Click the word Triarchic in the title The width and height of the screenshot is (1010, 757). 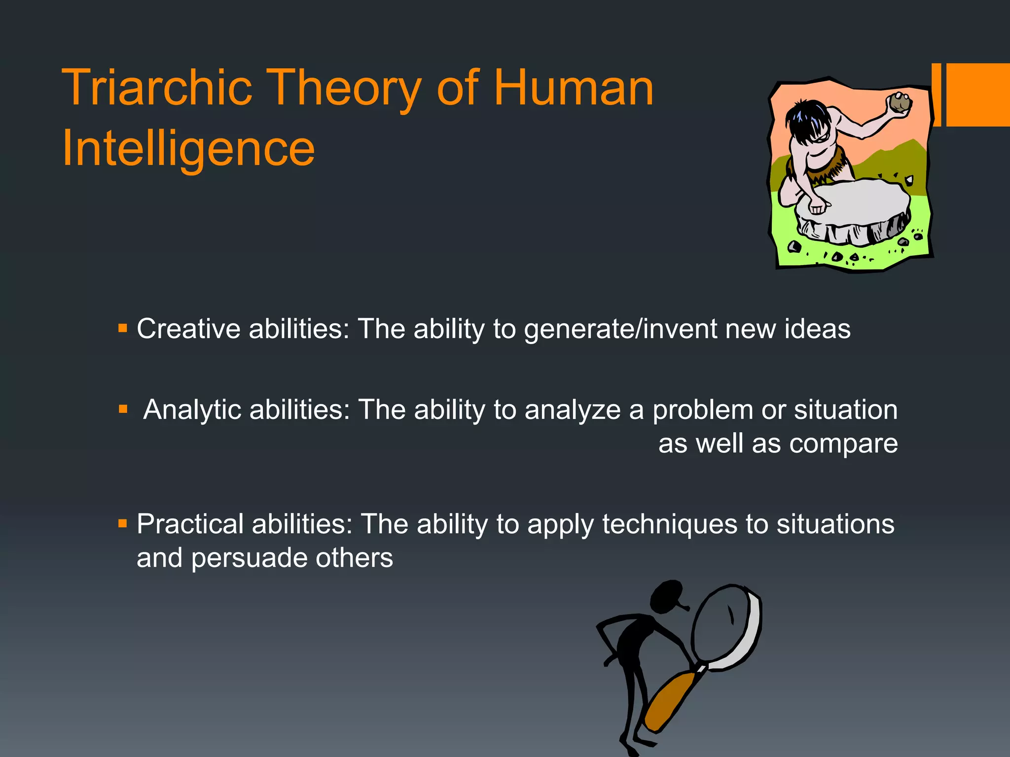tap(157, 88)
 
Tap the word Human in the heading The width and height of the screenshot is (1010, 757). tap(573, 88)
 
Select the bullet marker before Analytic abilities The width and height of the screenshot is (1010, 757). tap(123, 409)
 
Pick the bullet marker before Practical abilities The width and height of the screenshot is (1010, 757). tap(123, 523)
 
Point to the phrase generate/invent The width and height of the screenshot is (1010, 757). tap(620, 329)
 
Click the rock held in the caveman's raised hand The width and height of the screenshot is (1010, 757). tap(899, 103)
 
